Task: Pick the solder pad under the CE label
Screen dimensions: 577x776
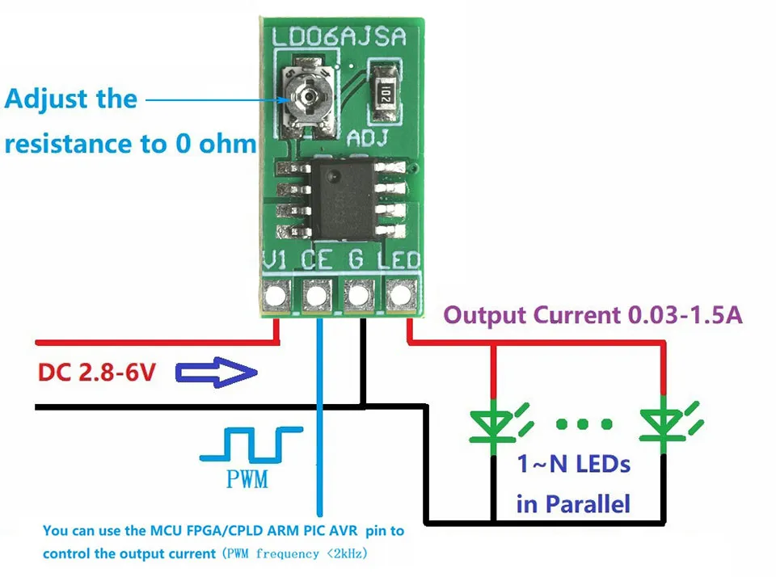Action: (318, 294)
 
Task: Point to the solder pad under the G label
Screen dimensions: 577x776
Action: (358, 294)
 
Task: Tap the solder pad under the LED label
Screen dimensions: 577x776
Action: (399, 294)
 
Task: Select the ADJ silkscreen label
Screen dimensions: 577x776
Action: (368, 138)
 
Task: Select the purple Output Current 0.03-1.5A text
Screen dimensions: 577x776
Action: (593, 315)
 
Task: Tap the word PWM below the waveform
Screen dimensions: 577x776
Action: (248, 481)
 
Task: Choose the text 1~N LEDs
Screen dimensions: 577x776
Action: (573, 465)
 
